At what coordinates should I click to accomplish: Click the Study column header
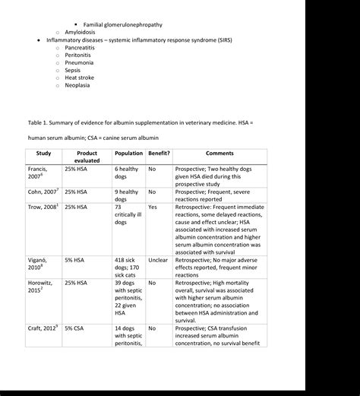click(x=44, y=153)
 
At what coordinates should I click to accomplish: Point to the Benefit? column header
click(x=159, y=153)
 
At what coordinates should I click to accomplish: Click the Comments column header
click(x=219, y=153)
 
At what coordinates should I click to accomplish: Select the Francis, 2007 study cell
click(x=39, y=175)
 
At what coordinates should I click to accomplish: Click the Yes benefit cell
click(x=153, y=207)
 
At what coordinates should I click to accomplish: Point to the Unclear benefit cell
click(x=158, y=259)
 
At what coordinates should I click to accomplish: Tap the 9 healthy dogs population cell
click(x=127, y=196)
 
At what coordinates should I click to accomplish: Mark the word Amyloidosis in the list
click(x=84, y=32)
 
